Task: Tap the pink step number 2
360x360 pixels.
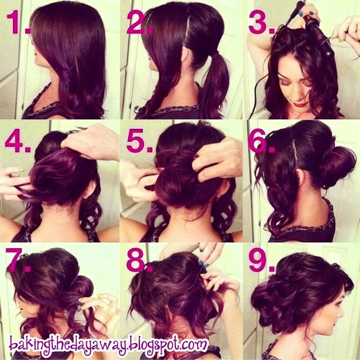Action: click(139, 22)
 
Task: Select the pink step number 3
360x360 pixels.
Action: click(261, 22)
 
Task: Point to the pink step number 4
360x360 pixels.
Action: click(17, 141)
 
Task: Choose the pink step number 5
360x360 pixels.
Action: click(139, 141)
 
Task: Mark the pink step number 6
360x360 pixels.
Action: click(261, 141)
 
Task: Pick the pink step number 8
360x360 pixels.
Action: click(139, 260)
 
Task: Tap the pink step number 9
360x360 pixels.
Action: click(261, 260)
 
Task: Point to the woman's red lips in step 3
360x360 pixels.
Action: click(301, 105)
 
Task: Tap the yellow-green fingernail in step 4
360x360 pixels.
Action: click(21, 169)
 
